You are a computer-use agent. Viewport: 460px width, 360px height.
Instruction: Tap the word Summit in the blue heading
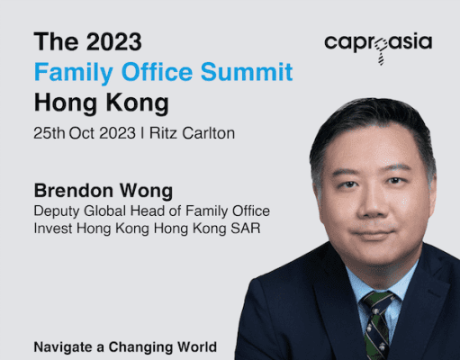[247, 72]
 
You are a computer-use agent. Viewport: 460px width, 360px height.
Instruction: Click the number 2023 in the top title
[114, 41]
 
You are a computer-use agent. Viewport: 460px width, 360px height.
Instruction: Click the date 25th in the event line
[50, 133]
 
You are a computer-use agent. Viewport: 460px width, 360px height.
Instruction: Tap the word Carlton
[209, 133]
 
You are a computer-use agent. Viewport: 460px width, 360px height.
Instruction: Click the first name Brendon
[73, 191]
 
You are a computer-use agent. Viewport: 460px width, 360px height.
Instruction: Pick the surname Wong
[146, 192]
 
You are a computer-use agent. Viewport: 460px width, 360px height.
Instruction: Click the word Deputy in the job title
[57, 211]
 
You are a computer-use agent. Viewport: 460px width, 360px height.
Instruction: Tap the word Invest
[53, 229]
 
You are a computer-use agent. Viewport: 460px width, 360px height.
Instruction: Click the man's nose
[372, 204]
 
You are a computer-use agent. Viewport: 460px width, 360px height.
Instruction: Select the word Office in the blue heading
[157, 72]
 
